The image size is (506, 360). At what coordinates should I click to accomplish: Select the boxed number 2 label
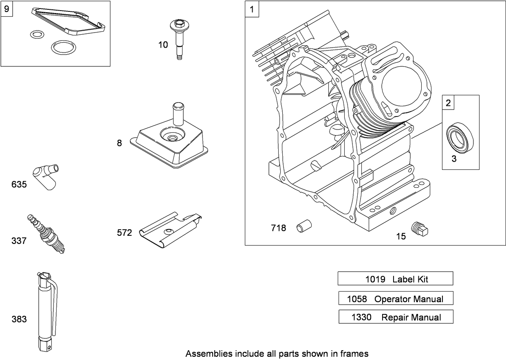coord(449,103)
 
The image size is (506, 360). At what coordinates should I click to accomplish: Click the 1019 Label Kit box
coord(395,279)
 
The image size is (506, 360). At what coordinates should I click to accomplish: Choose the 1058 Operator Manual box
coord(395,299)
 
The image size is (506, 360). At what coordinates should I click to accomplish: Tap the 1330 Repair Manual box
coord(396,317)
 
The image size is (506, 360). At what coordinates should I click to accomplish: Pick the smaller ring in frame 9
coord(37,34)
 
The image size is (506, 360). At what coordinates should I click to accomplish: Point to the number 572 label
coord(124,233)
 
